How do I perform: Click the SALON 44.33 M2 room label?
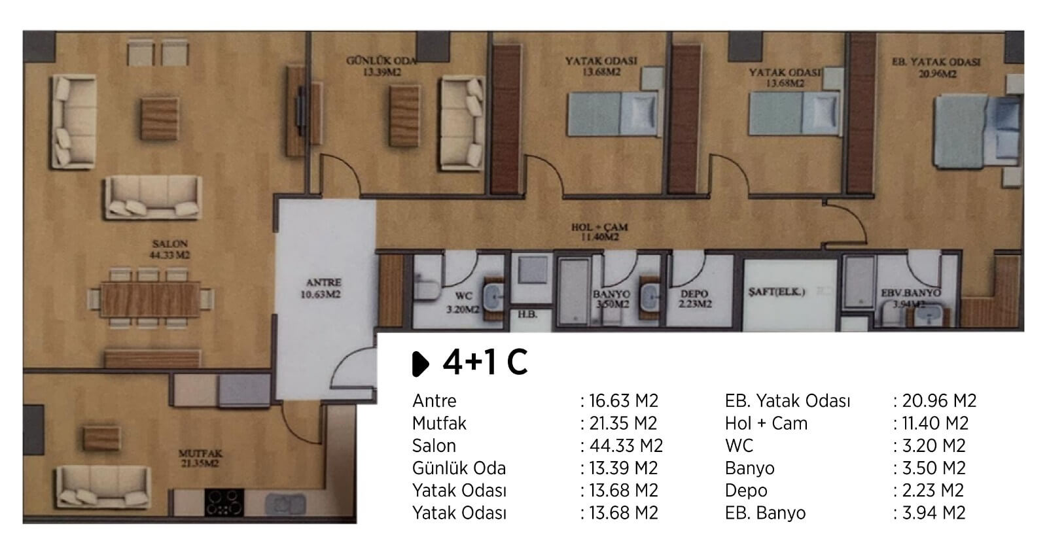[169, 249]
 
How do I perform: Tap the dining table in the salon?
[150, 299]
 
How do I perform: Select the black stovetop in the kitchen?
[224, 502]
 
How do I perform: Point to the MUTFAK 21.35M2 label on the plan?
[200, 459]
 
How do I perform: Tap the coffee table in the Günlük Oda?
[404, 115]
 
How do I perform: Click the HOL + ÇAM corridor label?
[599, 232]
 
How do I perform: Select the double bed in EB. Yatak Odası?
[977, 131]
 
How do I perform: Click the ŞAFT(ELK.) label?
[776, 292]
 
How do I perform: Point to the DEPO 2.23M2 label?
[694, 299]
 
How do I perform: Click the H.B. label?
[527, 315]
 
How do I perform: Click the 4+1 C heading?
[485, 362]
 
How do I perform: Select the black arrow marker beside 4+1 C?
[420, 364]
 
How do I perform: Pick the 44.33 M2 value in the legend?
[626, 445]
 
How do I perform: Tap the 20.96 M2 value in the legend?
[939, 401]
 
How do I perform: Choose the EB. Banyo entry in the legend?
[765, 513]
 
